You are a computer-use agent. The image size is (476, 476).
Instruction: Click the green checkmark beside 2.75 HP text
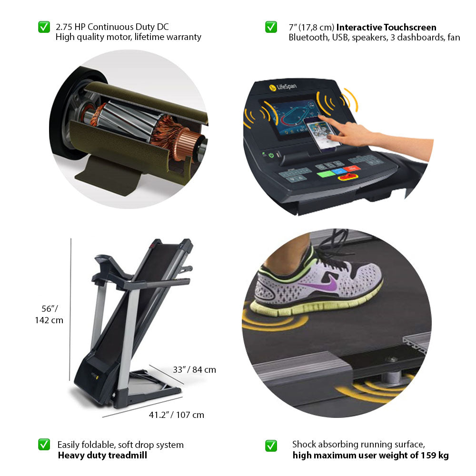pos(44,27)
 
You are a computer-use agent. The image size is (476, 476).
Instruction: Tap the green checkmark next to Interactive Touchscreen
pos(271,27)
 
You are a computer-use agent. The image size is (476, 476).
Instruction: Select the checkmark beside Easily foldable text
pos(44,445)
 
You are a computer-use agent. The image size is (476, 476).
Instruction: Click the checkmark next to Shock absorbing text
pos(271,446)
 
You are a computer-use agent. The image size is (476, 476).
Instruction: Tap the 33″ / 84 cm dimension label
pos(194,369)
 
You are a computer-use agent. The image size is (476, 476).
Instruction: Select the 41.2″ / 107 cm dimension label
pos(176,415)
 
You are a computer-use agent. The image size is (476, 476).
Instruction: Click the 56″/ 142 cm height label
pos(49,314)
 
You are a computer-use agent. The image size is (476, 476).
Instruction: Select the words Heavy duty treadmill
pos(102,456)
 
